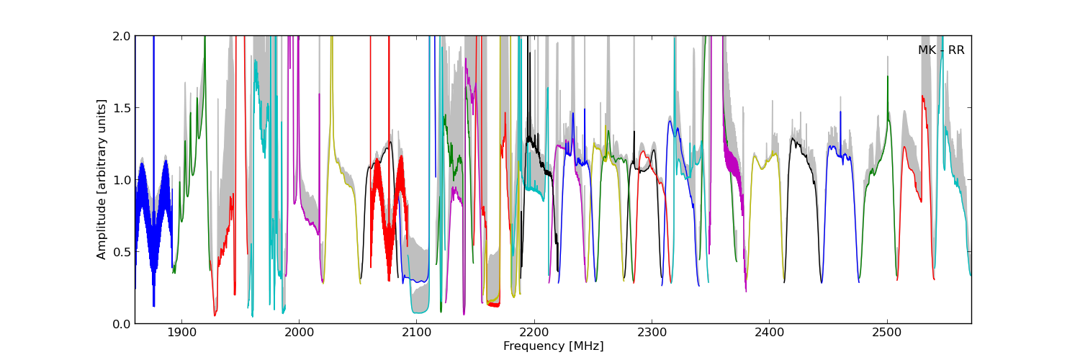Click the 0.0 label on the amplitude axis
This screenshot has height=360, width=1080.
coord(122,323)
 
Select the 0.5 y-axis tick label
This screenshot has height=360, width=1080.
coord(122,251)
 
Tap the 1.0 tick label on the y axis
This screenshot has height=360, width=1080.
coord(122,179)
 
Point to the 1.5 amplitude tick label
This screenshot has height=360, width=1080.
coord(122,107)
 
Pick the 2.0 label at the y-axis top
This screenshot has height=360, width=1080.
coord(122,36)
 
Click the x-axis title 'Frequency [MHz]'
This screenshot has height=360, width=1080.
coord(553,346)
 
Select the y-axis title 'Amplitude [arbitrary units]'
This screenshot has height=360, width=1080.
coord(102,179)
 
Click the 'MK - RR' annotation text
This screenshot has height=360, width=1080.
coord(941,50)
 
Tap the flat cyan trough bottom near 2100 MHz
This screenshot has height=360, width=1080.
coord(420,312)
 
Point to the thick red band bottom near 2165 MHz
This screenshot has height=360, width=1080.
coord(493,305)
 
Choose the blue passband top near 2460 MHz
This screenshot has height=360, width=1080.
coord(835,148)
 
